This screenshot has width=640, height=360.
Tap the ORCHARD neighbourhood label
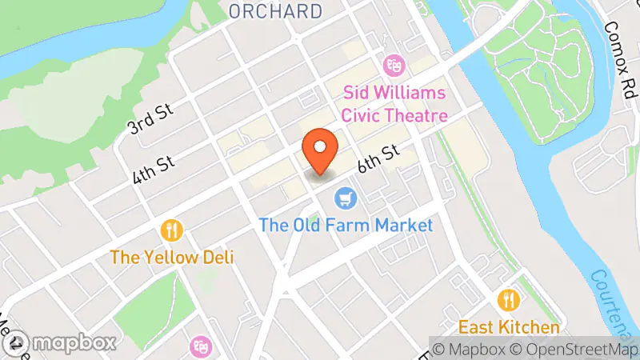[275, 11]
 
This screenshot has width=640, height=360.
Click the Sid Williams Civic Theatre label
[395, 104]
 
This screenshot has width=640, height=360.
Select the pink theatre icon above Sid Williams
[393, 62]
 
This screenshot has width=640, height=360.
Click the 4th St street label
[154, 170]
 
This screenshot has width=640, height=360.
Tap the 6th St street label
[378, 159]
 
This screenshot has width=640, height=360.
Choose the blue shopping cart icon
[346, 197]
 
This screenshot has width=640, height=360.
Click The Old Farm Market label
[346, 225]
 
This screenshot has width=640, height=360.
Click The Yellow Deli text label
[166, 258]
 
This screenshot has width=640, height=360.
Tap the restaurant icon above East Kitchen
[509, 301]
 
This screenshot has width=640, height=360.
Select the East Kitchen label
[509, 327]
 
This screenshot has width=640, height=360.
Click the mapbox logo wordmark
[61, 343]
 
